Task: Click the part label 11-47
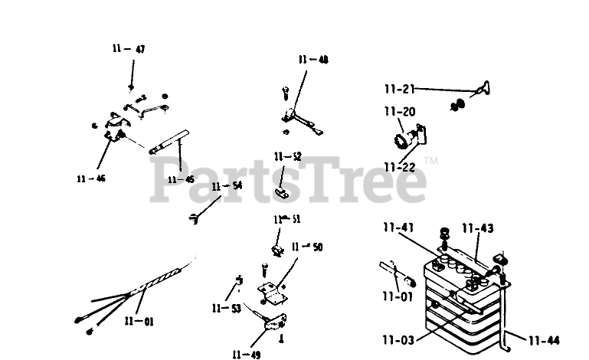(128, 49)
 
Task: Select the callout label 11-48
(313, 59)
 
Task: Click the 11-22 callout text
(399, 166)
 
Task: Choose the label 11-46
(91, 179)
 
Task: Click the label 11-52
(287, 157)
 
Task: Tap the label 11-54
(227, 186)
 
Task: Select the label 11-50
(307, 247)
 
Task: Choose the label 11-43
(477, 228)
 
